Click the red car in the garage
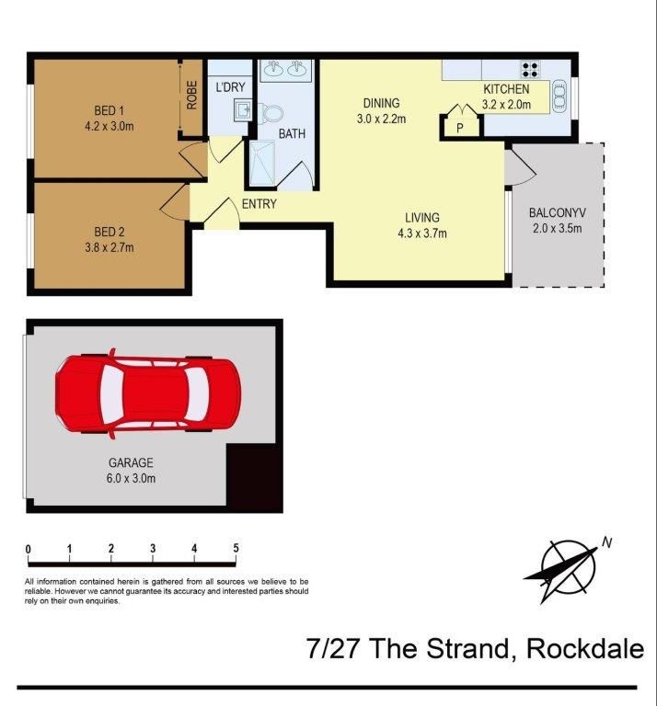pos(147,393)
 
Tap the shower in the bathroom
pos(264,163)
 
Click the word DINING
pos(382,103)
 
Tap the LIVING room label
pos(422,218)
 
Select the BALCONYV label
pos(558,213)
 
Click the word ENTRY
pos(259,204)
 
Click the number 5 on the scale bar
pos(236,549)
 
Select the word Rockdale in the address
pos(584,649)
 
